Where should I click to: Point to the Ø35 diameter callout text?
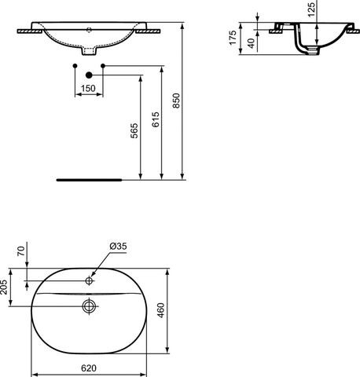pos(118,246)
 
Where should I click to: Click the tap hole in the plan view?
pos(90,278)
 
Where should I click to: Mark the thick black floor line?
pos(90,178)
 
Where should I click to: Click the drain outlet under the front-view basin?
pos(90,53)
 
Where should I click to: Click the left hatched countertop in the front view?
pos(29,34)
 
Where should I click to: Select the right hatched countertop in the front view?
pos(151,34)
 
